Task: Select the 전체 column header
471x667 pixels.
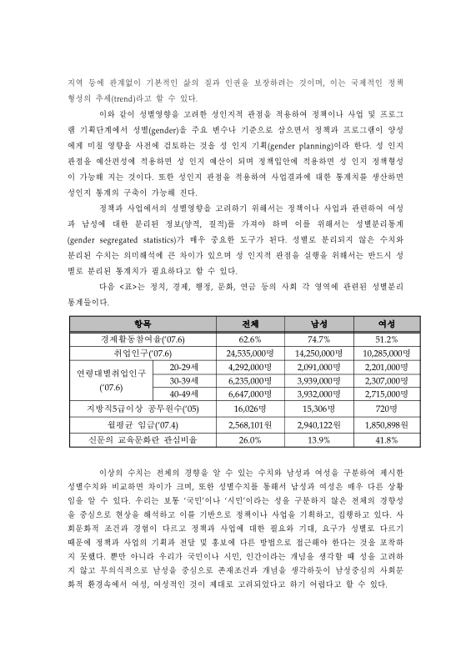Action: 250,323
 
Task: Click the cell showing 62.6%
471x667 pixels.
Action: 250,339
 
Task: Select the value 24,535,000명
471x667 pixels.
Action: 250,354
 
